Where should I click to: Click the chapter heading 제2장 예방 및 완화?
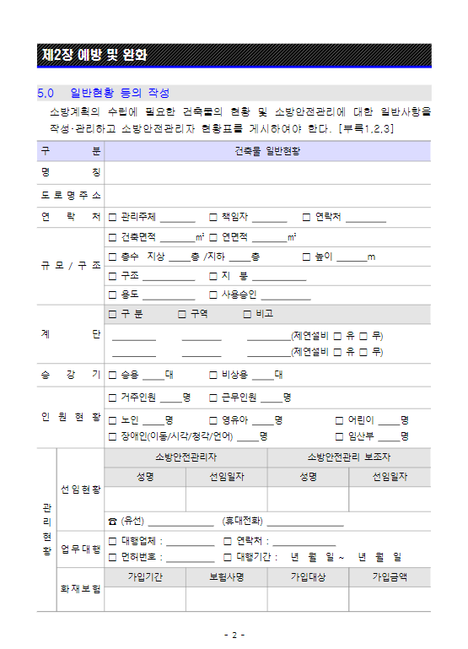pyautogui.click(x=94, y=56)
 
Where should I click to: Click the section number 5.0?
pyautogui.click(x=46, y=93)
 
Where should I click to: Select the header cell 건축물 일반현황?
pyautogui.click(x=267, y=151)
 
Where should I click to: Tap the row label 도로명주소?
pyautogui.click(x=71, y=196)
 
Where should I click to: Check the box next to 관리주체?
pyautogui.click(x=112, y=218)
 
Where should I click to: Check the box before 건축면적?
pyautogui.click(x=112, y=237)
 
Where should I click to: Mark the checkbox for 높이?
pyautogui.click(x=307, y=257)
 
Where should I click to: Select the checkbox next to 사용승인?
pyautogui.click(x=212, y=295)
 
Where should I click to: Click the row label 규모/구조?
pyautogui.click(x=71, y=265)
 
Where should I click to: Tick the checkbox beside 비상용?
pyautogui.click(x=212, y=374)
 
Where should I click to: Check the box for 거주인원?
pyautogui.click(x=112, y=397)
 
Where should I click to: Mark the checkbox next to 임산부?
pyautogui.click(x=339, y=436)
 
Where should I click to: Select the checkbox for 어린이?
pyautogui.click(x=339, y=419)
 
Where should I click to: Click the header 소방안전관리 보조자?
pyautogui.click(x=348, y=457)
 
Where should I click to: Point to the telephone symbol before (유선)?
pyautogui.click(x=112, y=521)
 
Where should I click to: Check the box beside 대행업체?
pyautogui.click(x=112, y=541)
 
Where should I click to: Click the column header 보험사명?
pyautogui.click(x=227, y=577)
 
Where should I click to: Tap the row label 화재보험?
pyautogui.click(x=80, y=588)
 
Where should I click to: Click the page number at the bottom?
pyautogui.click(x=234, y=635)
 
